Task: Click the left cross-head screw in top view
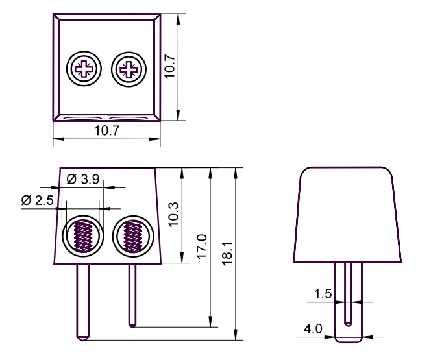tap(84, 69)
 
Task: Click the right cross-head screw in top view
tap(129, 69)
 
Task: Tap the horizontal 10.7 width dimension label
tap(107, 130)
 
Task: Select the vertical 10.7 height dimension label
tap(170, 67)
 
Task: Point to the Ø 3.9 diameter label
tap(83, 179)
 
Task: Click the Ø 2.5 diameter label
tap(37, 200)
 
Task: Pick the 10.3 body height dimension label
tap(173, 214)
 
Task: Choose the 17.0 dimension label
tap(202, 246)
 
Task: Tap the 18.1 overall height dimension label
tap(227, 253)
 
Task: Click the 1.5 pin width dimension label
tap(323, 294)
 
